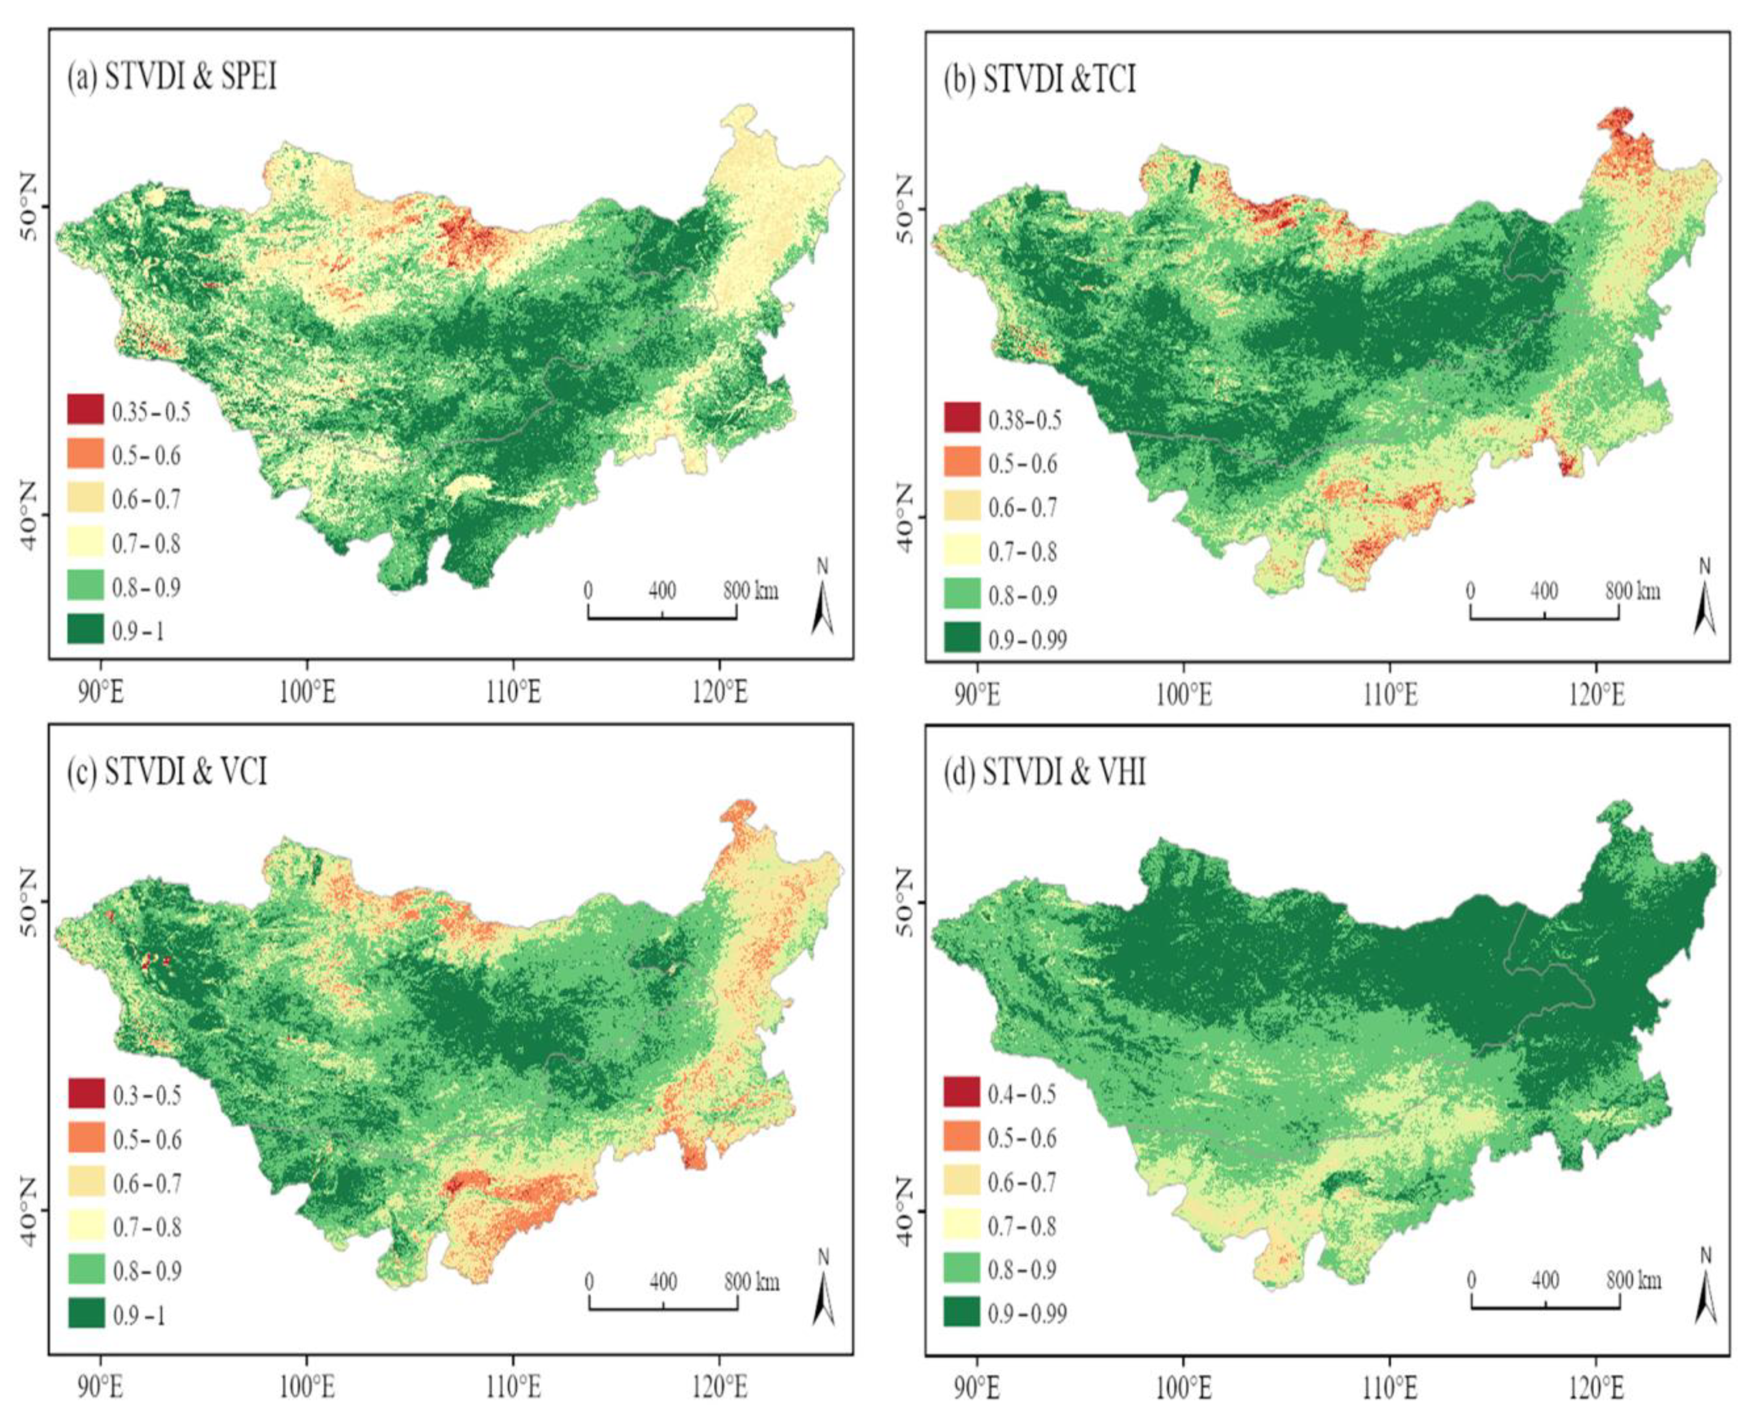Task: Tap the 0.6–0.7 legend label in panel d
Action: coord(1022,1182)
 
